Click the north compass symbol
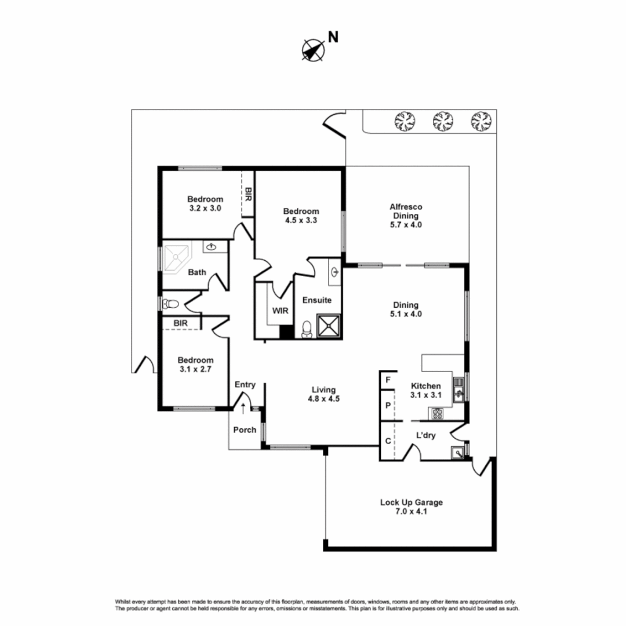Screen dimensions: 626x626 click(x=313, y=49)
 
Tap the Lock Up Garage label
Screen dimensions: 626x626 click(x=411, y=507)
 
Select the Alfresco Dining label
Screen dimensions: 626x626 click(x=406, y=215)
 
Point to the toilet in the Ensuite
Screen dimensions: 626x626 click(x=306, y=329)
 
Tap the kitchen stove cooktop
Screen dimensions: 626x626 click(x=436, y=413)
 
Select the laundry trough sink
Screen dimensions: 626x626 click(x=458, y=453)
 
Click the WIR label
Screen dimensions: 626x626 click(x=281, y=311)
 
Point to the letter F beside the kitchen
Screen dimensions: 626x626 click(x=387, y=381)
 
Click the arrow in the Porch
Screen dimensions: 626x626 click(x=243, y=409)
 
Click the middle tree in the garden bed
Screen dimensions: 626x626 click(x=442, y=121)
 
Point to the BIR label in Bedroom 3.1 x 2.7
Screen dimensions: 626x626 click(x=180, y=323)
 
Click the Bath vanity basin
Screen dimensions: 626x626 click(x=212, y=247)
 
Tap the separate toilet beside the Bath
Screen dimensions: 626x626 click(x=170, y=304)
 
